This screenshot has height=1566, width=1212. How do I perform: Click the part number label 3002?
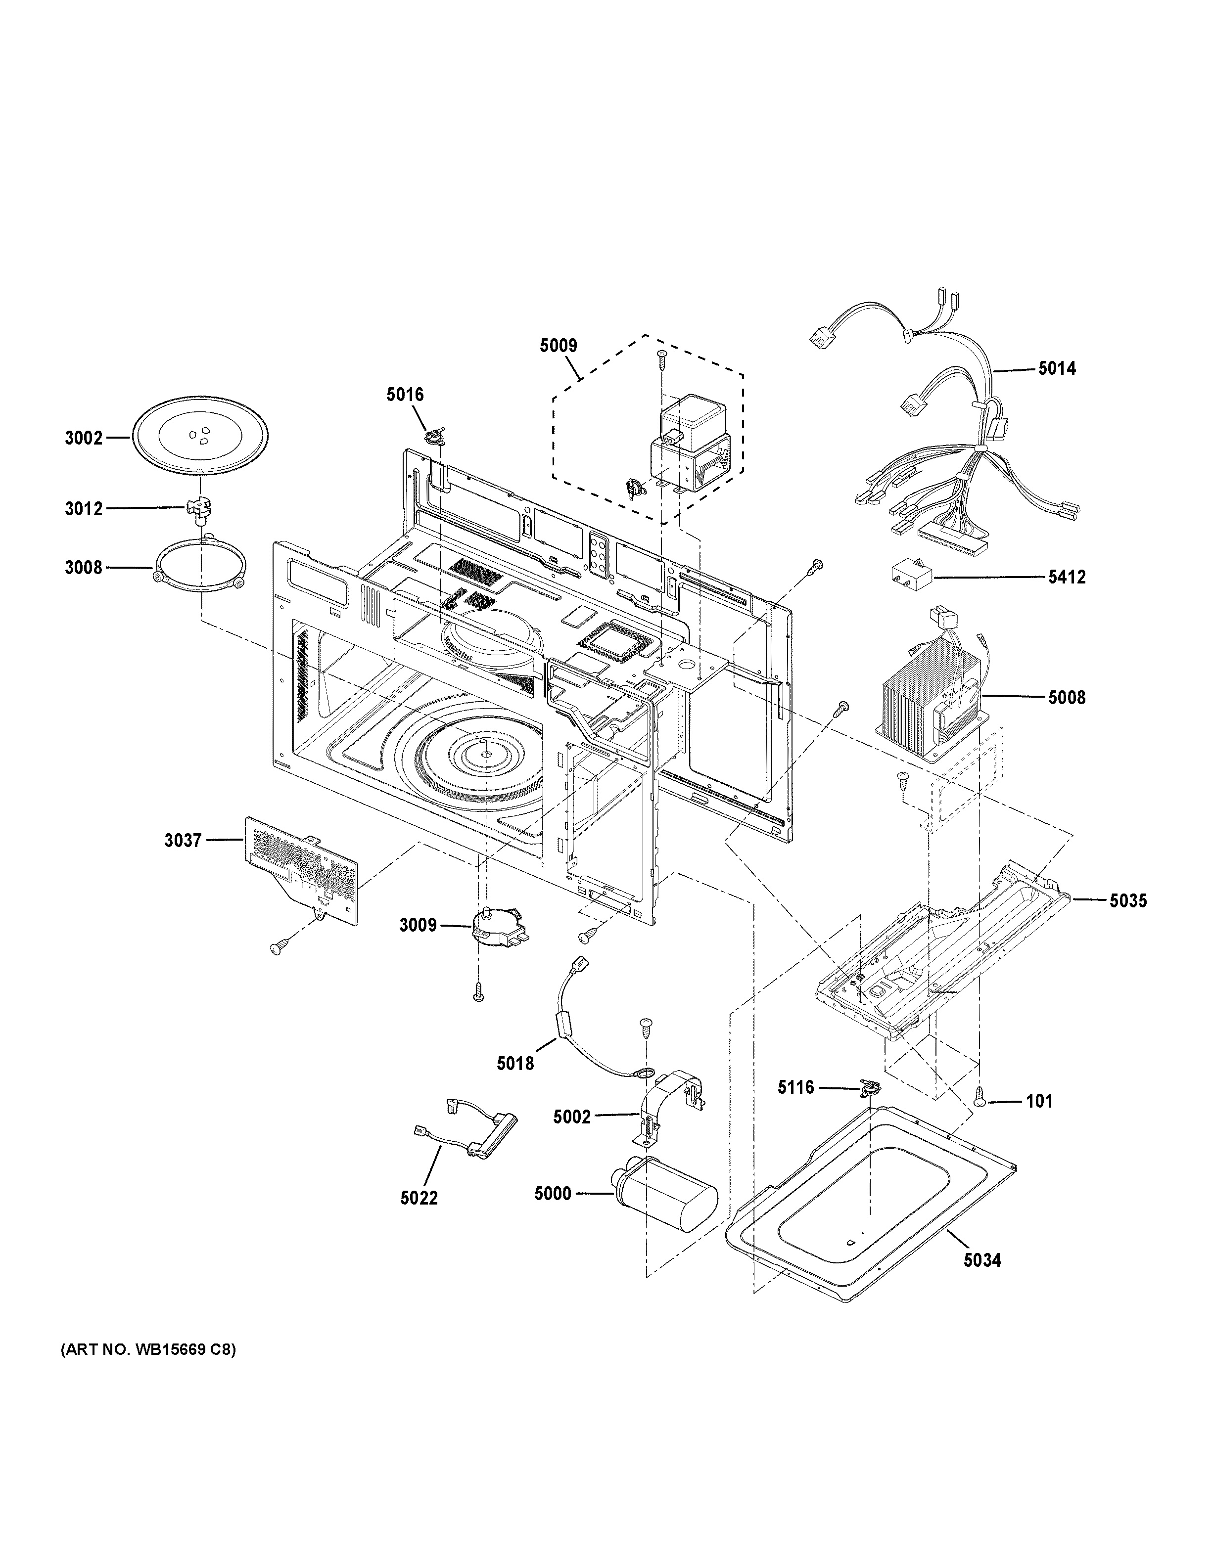tap(84, 438)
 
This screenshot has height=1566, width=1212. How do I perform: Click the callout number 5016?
tap(405, 395)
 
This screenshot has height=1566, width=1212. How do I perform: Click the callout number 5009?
tap(558, 346)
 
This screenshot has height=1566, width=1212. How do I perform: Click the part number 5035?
tap(1128, 900)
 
